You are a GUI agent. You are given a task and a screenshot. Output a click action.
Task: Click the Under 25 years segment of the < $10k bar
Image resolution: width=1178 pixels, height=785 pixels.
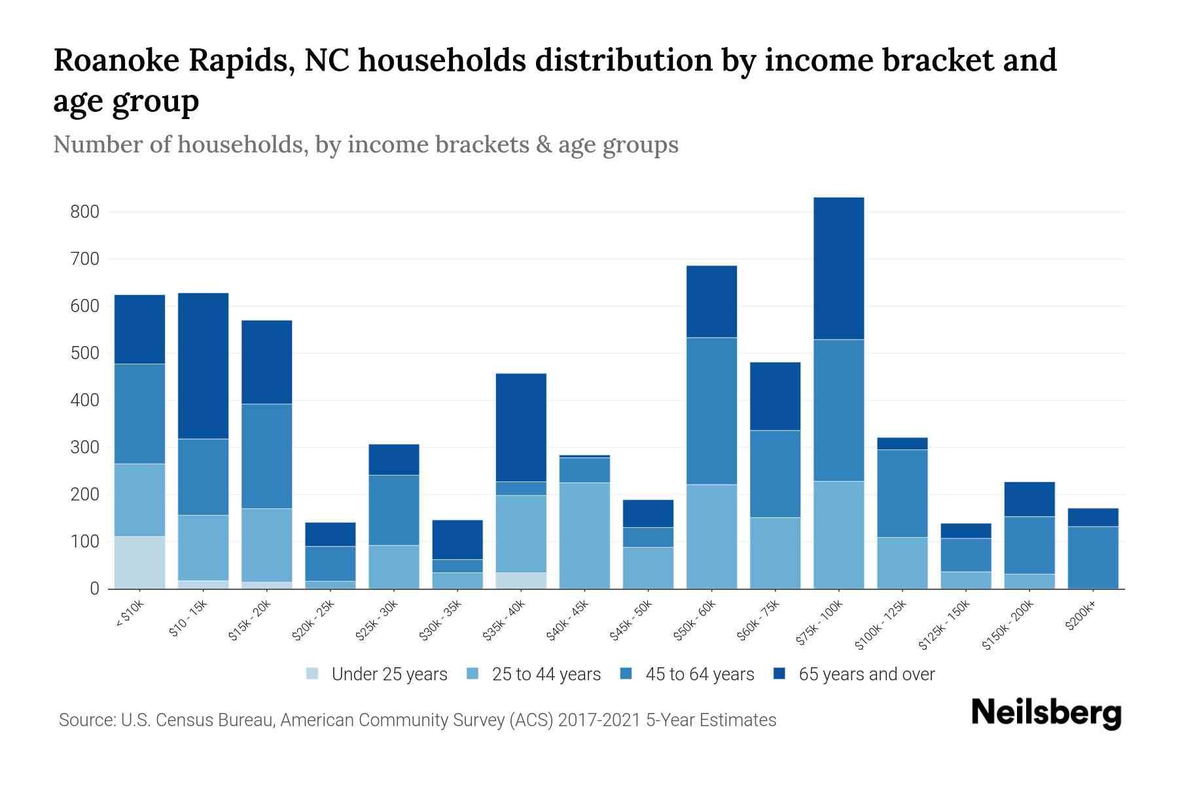click(139, 563)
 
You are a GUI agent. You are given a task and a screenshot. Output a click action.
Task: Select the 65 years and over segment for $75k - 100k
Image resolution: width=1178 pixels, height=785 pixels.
click(838, 268)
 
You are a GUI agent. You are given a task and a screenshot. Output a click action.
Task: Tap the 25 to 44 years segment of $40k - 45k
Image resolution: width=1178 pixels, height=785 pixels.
click(584, 536)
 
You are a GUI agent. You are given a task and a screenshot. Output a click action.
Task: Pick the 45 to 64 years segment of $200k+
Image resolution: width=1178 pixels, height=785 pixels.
click(1092, 557)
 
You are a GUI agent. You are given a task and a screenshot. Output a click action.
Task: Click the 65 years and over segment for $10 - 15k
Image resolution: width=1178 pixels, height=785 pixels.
click(203, 366)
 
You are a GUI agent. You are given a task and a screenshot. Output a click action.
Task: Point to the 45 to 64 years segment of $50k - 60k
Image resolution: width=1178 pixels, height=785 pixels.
click(711, 411)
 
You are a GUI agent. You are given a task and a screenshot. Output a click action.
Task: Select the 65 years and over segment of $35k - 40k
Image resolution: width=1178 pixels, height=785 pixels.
click(521, 428)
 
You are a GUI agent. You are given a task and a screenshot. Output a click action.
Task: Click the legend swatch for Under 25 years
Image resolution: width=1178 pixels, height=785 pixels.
click(313, 674)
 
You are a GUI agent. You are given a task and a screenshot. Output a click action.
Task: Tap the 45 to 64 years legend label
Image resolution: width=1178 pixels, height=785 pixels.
click(699, 674)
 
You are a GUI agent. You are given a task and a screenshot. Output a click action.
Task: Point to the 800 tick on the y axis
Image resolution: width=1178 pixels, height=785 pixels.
click(85, 212)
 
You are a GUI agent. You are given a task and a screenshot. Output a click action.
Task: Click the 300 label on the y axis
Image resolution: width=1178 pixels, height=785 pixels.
click(85, 447)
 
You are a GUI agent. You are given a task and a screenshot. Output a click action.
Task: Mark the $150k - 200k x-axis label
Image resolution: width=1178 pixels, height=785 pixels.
click(1008, 625)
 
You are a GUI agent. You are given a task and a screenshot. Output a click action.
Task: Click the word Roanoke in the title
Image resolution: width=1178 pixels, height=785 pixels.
click(115, 61)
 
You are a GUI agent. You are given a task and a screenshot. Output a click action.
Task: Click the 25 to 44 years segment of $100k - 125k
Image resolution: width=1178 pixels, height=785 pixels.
click(902, 563)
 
